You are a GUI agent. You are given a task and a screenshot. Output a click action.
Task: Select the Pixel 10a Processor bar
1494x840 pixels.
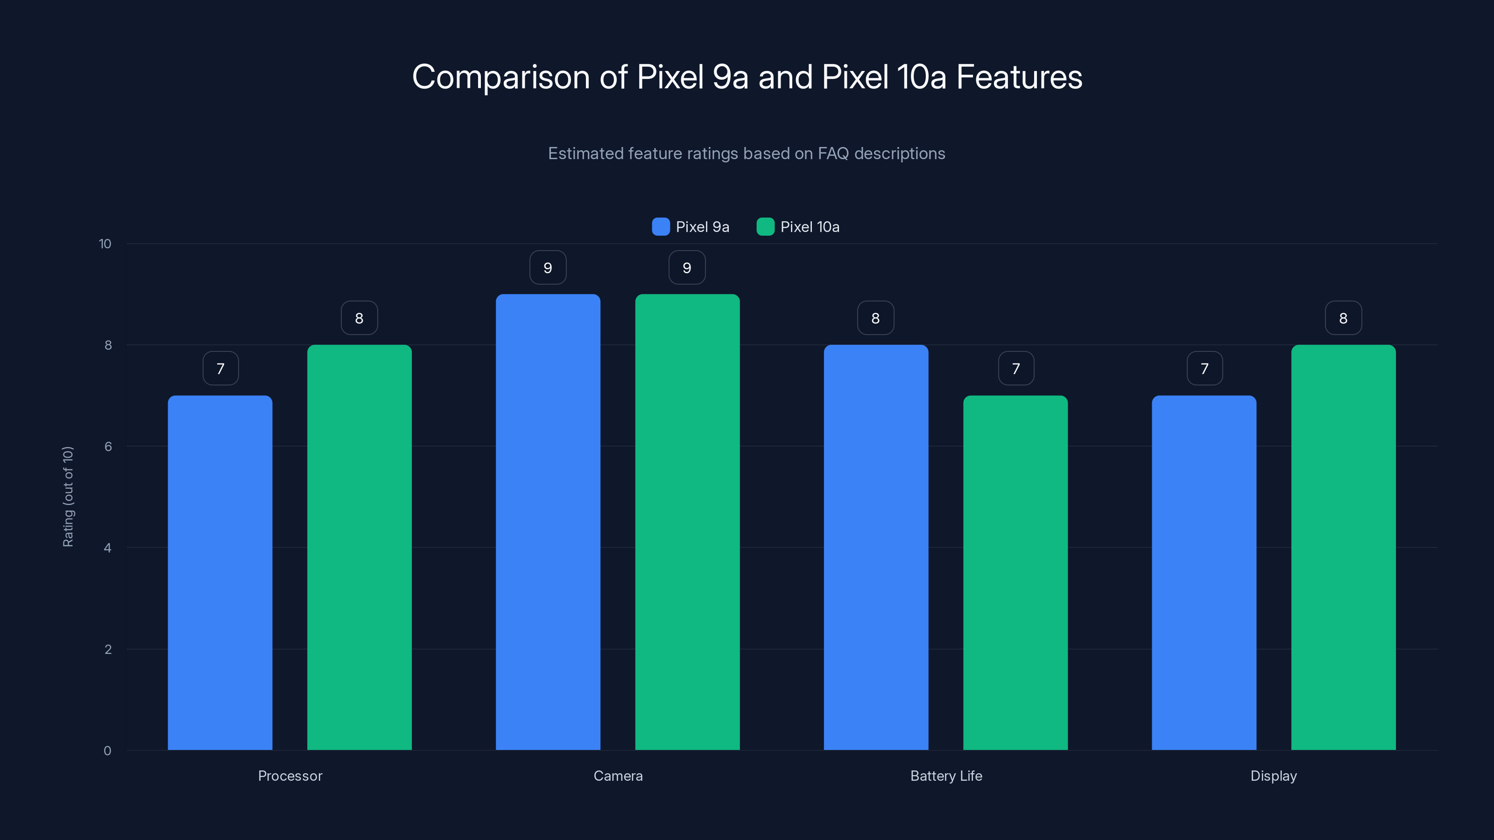pyautogui.click(x=359, y=547)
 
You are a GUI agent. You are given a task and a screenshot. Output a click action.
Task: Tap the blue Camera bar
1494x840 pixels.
pyautogui.click(x=548, y=522)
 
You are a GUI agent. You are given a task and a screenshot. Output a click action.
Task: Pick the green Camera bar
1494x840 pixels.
pyautogui.click(x=687, y=522)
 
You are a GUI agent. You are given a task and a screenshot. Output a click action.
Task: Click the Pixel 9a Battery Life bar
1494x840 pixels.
pyautogui.click(x=876, y=547)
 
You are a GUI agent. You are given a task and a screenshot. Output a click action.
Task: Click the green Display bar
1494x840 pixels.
pyautogui.click(x=1343, y=547)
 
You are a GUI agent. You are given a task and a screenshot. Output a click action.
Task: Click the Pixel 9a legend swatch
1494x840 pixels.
pyautogui.click(x=661, y=227)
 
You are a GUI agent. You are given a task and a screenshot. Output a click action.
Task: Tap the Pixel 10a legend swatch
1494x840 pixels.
pyautogui.click(x=765, y=227)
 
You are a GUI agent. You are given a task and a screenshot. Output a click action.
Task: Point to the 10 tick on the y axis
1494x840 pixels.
pyautogui.click(x=105, y=244)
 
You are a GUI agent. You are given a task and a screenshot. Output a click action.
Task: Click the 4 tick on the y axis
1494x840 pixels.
pyautogui.click(x=107, y=548)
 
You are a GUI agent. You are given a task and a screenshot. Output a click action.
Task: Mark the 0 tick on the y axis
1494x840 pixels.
pyautogui.click(x=107, y=751)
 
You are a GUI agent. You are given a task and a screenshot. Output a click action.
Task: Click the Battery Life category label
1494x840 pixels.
pyautogui.click(x=946, y=776)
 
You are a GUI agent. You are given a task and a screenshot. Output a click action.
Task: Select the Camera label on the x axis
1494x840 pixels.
pyautogui.click(x=618, y=776)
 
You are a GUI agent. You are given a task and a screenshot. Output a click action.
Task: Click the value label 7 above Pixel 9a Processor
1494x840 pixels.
pyautogui.click(x=220, y=369)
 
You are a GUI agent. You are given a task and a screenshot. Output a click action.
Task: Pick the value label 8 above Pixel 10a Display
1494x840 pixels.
pyautogui.click(x=1343, y=318)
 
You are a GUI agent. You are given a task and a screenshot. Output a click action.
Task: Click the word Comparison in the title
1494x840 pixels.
pyautogui.click(x=501, y=77)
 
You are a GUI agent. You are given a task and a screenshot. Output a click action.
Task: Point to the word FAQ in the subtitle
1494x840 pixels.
pyautogui.click(x=833, y=154)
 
